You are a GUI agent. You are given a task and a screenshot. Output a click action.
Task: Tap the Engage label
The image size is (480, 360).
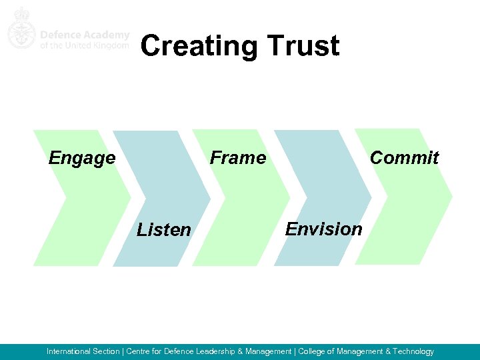(82, 159)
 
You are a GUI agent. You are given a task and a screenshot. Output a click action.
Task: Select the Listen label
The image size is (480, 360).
(164, 230)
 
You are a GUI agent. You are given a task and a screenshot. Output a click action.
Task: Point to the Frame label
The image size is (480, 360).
(238, 158)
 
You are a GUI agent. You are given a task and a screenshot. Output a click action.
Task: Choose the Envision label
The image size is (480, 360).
(324, 229)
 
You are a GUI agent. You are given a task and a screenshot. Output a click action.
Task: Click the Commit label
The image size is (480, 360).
(404, 158)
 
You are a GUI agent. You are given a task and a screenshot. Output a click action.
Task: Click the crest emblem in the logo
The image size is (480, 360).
(21, 29)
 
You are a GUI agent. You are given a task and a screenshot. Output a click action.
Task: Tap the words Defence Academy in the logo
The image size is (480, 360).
(84, 35)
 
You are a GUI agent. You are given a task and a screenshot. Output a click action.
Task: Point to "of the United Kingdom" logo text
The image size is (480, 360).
(84, 45)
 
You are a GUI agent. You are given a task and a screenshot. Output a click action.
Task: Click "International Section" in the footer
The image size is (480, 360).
(83, 351)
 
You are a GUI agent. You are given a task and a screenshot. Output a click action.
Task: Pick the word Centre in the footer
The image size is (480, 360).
(138, 351)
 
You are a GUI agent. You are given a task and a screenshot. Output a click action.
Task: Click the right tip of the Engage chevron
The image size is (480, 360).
(131, 197)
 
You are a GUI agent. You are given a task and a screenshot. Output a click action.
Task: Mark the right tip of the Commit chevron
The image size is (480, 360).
(452, 197)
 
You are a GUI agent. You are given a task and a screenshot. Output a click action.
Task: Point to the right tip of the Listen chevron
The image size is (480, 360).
(211, 199)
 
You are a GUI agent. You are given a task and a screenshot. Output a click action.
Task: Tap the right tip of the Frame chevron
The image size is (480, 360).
(291, 198)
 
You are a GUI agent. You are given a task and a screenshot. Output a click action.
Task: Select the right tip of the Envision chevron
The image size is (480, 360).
(371, 198)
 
